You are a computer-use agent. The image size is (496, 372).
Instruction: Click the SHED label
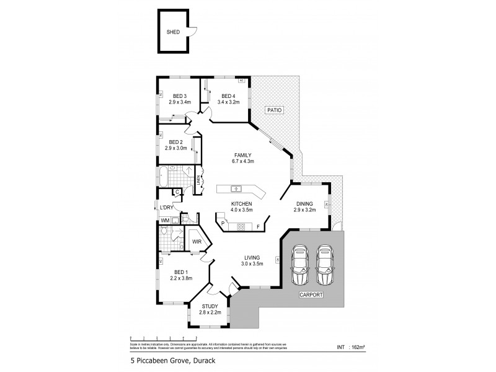click(x=173, y=33)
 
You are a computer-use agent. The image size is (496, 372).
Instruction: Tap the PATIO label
click(x=275, y=110)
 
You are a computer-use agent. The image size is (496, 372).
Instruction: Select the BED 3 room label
click(x=180, y=95)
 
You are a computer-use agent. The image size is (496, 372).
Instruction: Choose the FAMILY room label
click(x=242, y=155)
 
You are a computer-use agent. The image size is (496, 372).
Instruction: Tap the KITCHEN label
click(x=241, y=203)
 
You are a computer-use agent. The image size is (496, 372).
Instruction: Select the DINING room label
click(x=304, y=203)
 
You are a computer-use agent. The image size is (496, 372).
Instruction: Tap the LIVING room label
click(x=252, y=257)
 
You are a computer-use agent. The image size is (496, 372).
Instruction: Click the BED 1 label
click(x=180, y=272)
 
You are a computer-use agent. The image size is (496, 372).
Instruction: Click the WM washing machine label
click(x=165, y=220)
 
